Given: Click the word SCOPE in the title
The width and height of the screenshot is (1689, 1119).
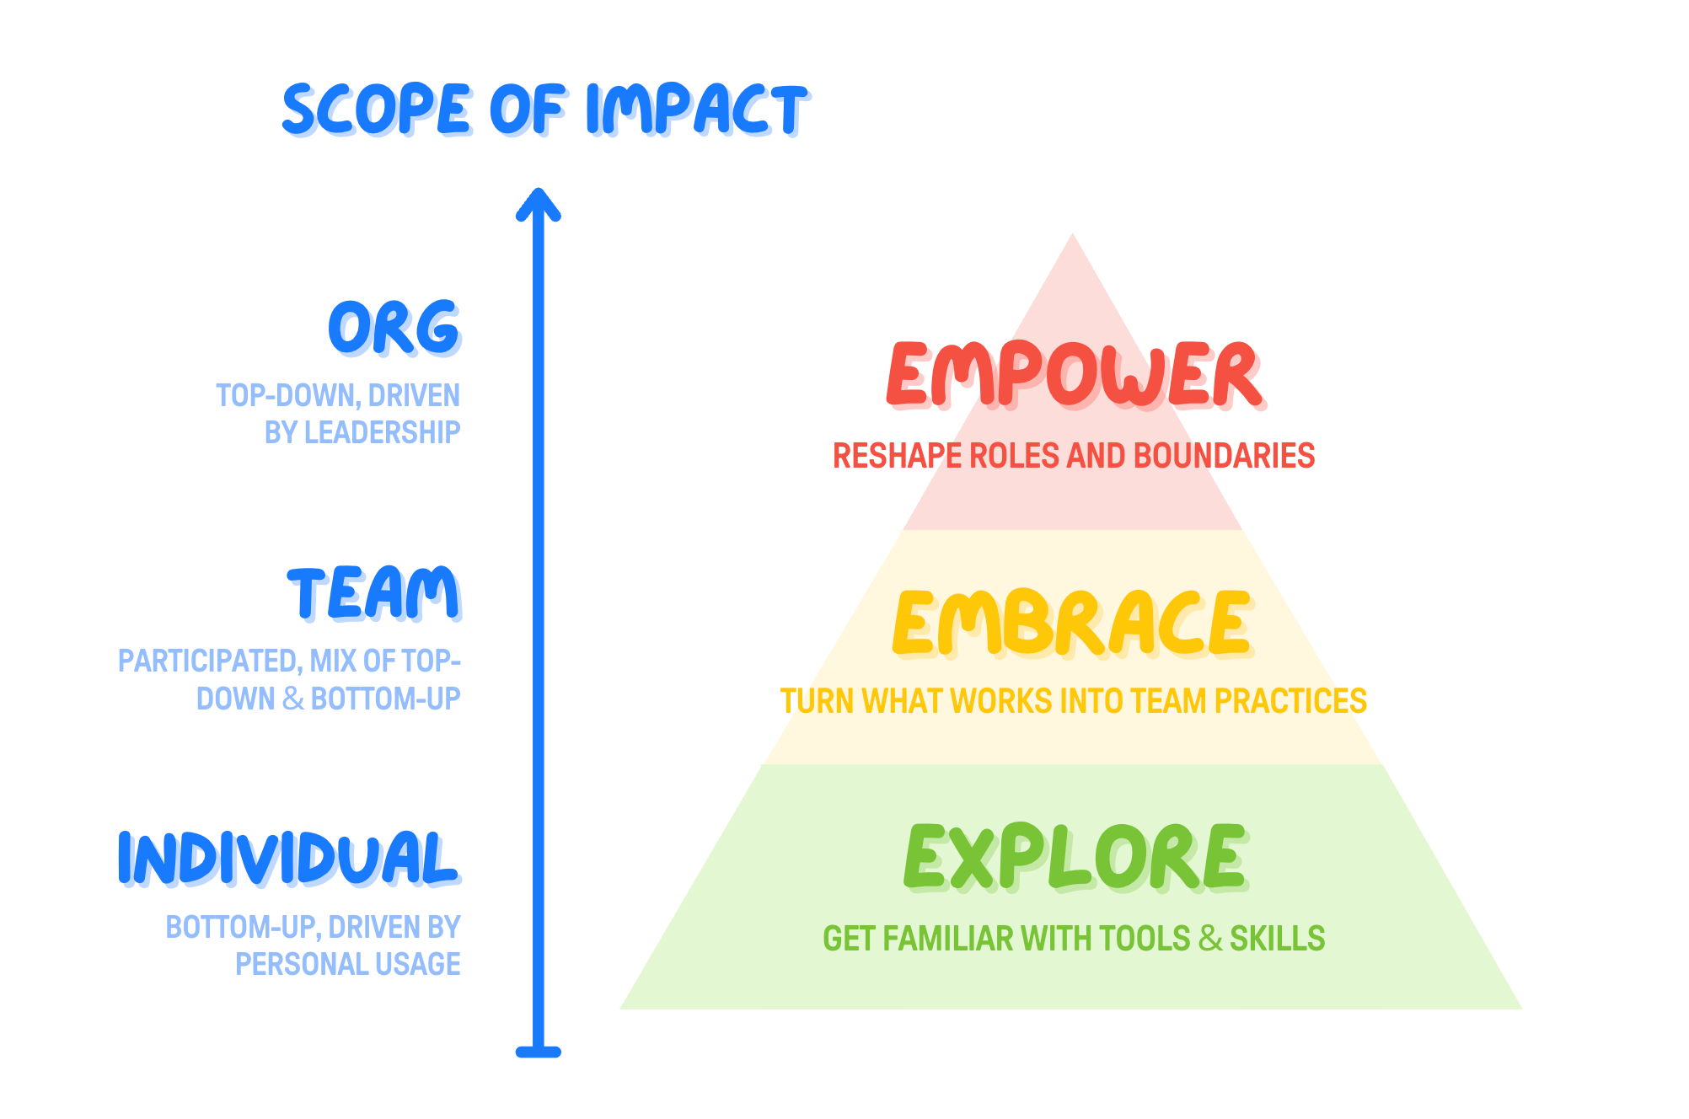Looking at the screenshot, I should click(376, 110).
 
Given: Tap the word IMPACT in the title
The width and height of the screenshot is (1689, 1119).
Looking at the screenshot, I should click(696, 110).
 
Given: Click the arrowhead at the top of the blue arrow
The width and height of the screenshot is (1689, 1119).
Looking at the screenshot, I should click(539, 202).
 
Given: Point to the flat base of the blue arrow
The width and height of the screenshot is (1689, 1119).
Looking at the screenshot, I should click(539, 1052).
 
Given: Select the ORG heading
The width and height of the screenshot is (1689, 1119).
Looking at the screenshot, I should click(394, 328).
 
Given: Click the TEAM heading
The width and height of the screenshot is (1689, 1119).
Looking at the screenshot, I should click(374, 593).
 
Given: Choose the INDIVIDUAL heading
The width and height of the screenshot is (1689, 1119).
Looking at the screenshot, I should click(287, 858).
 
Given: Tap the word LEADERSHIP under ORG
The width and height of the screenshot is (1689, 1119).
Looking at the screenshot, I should click(382, 432).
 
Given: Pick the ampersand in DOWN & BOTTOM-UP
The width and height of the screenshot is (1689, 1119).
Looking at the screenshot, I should click(293, 699).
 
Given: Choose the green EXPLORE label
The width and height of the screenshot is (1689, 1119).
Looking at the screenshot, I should click(1074, 858).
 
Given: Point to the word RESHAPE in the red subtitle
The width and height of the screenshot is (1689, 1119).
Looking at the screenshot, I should click(897, 456).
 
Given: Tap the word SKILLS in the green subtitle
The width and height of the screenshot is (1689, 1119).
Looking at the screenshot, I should click(1277, 939).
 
